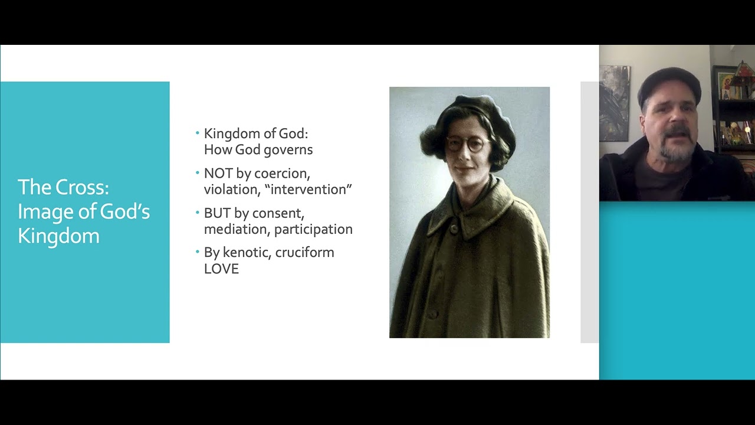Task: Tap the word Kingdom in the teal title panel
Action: tap(58, 236)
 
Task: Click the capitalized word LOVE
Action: tap(221, 269)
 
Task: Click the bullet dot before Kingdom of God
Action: tap(198, 133)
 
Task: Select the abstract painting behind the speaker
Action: tap(614, 103)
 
